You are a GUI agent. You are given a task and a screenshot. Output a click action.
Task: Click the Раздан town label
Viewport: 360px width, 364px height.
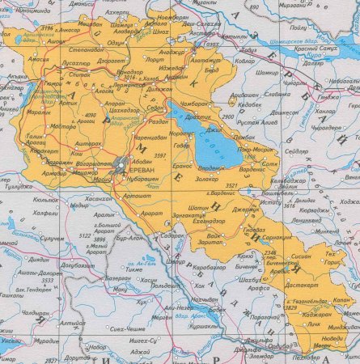coord(156,120)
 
